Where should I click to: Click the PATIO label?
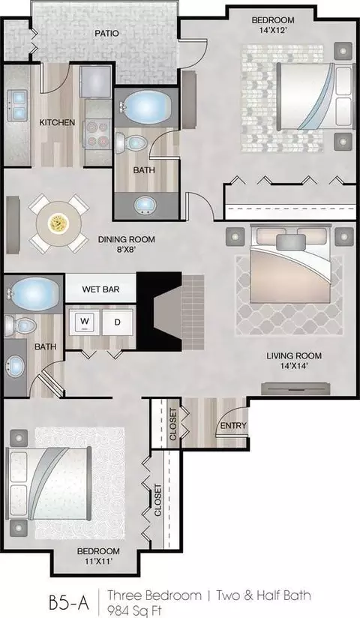point(106,34)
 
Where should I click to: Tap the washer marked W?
point(85,322)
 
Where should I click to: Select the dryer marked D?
point(117,322)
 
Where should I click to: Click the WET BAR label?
point(100,289)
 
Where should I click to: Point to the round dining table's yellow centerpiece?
point(58,223)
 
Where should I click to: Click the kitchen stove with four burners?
point(97,133)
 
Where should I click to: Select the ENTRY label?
point(233,426)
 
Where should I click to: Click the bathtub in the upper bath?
point(147,106)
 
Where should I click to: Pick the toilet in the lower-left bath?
point(20,326)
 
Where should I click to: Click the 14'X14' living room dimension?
point(294,366)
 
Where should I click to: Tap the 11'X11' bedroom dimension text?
point(98,561)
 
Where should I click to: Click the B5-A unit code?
point(69,603)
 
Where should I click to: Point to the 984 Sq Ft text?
point(135,610)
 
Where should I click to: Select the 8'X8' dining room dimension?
point(126,249)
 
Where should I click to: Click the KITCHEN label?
point(57,122)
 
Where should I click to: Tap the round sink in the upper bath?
point(145,205)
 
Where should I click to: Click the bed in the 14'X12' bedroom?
point(315,96)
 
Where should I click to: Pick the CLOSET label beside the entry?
point(173,424)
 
